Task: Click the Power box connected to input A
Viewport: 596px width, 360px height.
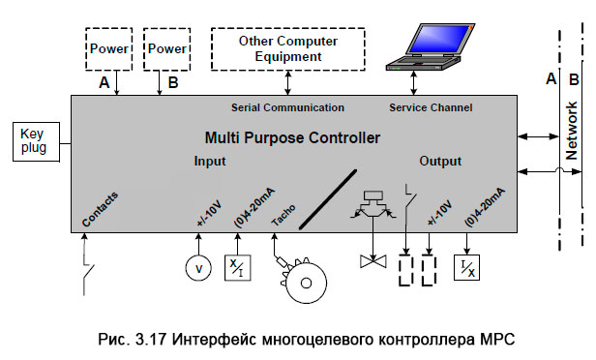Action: [x=109, y=48]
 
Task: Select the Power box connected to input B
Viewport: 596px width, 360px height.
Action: [x=166, y=48]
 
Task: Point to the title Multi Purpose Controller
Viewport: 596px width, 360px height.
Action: [x=291, y=138]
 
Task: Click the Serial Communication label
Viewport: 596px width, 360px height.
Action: [x=287, y=106]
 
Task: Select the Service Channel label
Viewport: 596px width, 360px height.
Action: [x=429, y=106]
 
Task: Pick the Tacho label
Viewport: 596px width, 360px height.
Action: [x=283, y=215]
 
